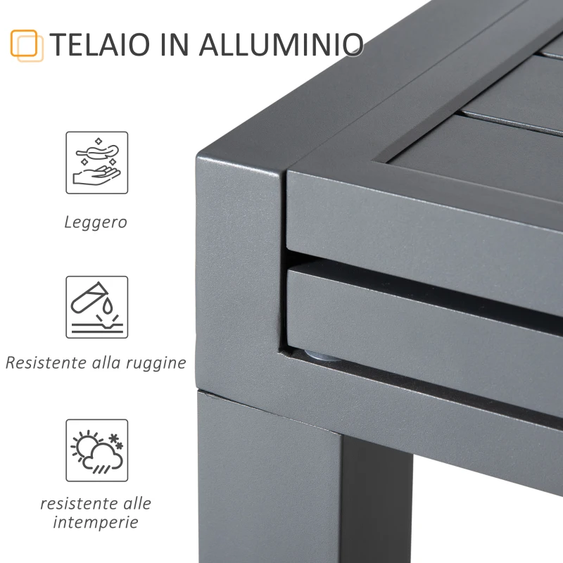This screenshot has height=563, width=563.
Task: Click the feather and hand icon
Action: (x=97, y=163)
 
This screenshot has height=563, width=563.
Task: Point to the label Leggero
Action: (x=96, y=222)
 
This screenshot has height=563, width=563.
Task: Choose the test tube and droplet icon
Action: (x=97, y=307)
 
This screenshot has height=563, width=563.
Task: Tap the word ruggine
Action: (x=153, y=364)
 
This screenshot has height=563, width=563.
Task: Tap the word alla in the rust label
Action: (x=106, y=363)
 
